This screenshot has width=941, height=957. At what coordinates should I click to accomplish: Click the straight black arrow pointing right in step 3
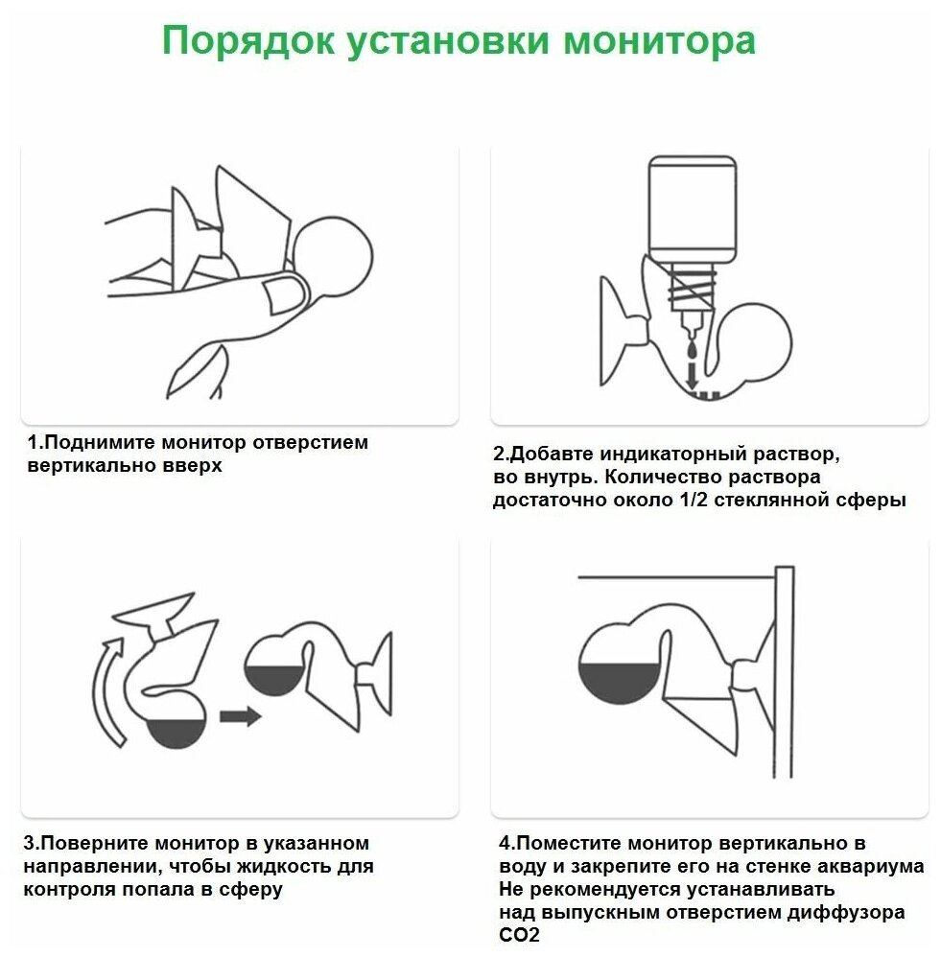[240, 715]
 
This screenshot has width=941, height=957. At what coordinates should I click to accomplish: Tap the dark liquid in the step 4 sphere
[618, 685]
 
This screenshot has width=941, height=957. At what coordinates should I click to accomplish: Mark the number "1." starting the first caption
[35, 444]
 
